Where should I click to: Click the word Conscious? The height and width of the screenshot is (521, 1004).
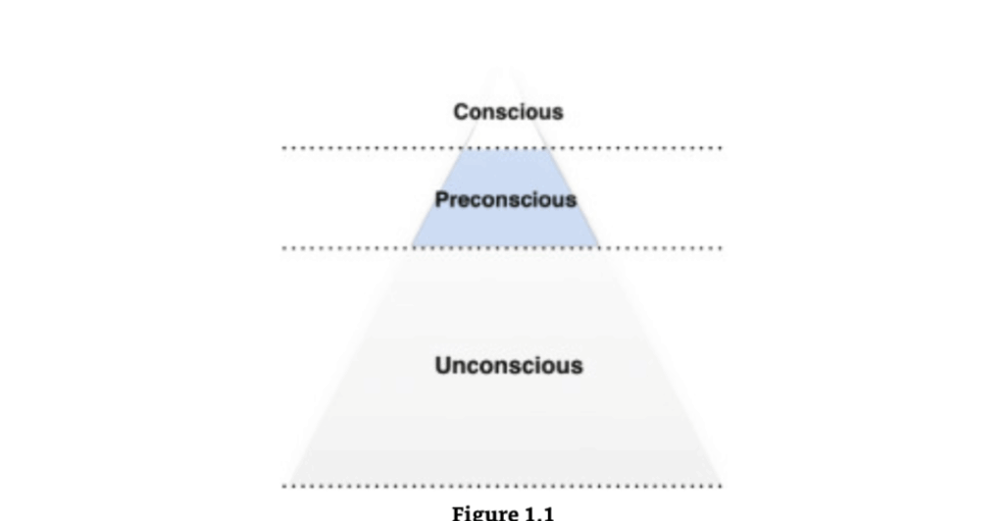coord(509,112)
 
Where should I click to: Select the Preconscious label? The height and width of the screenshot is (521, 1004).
coord(506,200)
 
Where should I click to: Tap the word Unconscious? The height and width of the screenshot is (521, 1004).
coord(509,365)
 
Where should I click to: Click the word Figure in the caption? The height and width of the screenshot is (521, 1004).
coord(485,513)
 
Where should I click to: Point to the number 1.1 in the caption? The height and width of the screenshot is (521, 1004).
coord(539,513)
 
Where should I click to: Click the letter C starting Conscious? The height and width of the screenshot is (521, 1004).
coord(461,112)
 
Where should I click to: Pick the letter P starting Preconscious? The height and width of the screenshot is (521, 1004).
coord(442,199)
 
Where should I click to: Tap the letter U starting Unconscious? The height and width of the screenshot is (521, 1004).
coord(442,365)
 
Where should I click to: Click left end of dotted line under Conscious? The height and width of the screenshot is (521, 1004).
coord(284,148)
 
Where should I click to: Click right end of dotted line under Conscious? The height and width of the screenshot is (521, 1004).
coord(721,148)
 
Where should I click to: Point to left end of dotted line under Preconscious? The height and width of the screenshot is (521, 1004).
coord(284,248)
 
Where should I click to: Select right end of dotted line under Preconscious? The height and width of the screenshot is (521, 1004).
coord(721,248)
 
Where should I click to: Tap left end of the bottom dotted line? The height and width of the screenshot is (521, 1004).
coord(284,486)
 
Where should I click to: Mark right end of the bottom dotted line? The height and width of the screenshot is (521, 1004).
coord(721,486)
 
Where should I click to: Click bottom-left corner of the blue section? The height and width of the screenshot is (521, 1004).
coord(412,246)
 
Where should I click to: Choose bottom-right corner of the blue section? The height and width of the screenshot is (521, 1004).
coord(599,246)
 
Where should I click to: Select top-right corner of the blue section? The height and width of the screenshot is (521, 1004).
coord(550,149)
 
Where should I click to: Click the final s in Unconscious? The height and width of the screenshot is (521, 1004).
coord(577,368)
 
